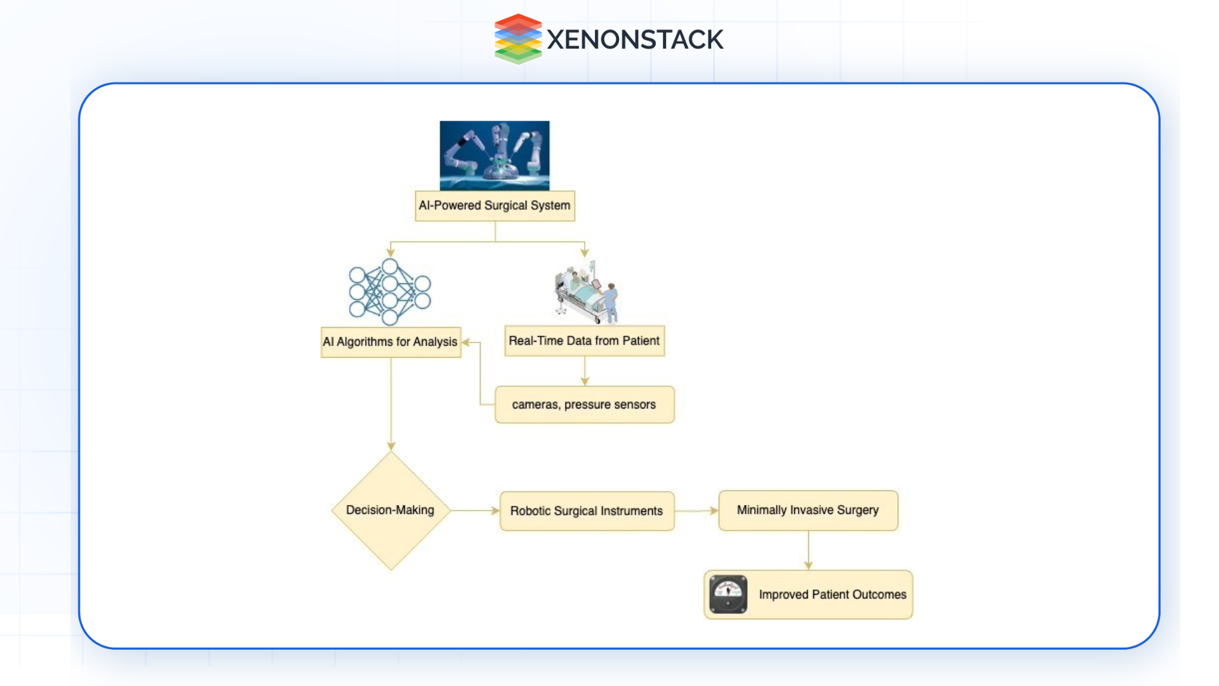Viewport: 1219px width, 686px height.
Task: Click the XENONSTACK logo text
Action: pos(634,39)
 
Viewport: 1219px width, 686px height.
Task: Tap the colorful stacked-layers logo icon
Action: pos(518,39)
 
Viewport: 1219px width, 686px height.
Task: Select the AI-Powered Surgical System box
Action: pos(495,206)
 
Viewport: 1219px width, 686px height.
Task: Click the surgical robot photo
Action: pos(495,156)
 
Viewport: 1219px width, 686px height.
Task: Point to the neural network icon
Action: pos(390,292)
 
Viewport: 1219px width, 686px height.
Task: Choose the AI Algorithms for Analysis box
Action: pos(390,342)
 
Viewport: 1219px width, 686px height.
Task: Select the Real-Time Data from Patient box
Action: pos(584,341)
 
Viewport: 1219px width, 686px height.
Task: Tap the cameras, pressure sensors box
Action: pos(584,405)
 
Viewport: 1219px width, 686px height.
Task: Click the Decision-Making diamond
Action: pos(390,511)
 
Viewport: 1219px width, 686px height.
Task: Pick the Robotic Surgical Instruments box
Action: pos(587,511)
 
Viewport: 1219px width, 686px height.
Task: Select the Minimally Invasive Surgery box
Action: pos(808,511)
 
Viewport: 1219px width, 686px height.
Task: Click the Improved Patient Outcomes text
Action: pos(832,595)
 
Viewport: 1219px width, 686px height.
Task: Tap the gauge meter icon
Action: pos(728,595)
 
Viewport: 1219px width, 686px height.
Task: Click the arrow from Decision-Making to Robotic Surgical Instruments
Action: pos(475,511)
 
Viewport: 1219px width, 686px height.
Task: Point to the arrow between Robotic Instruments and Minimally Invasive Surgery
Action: pos(696,511)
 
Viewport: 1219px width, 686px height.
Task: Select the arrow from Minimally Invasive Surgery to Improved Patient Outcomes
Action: pos(808,550)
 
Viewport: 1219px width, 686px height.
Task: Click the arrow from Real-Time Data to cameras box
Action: pos(585,371)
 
